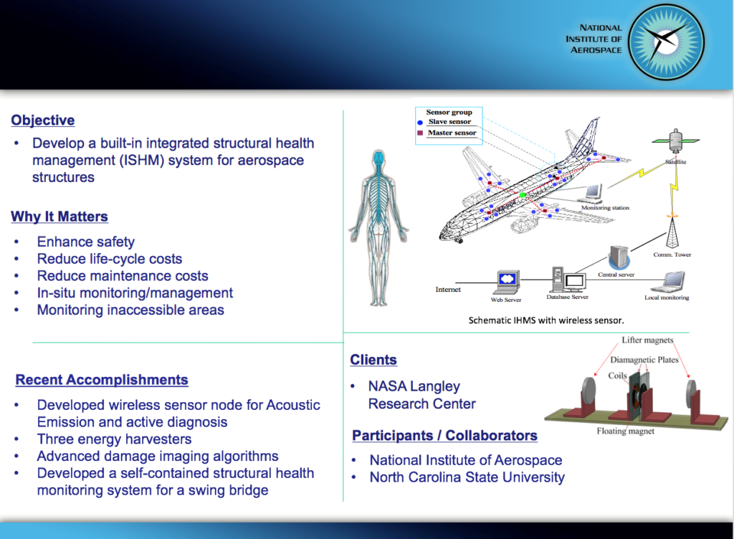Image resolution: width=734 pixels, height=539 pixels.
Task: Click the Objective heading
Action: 43,120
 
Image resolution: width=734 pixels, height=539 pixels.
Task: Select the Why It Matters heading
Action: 59,216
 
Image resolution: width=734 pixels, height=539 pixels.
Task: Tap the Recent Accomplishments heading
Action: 102,380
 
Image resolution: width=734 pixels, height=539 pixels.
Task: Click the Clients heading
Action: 373,360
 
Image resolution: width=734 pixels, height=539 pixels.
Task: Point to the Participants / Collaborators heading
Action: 444,435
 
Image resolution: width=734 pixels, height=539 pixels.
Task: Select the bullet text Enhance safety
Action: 85,242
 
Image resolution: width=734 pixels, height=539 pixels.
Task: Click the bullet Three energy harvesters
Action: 114,439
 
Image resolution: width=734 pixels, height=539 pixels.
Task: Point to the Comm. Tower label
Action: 672,254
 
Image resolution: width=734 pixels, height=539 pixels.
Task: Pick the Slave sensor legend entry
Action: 449,122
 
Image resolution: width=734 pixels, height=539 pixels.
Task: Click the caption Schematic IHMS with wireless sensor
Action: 545,320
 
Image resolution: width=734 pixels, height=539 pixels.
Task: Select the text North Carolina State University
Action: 467,477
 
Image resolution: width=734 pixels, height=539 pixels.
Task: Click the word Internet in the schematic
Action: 448,290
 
